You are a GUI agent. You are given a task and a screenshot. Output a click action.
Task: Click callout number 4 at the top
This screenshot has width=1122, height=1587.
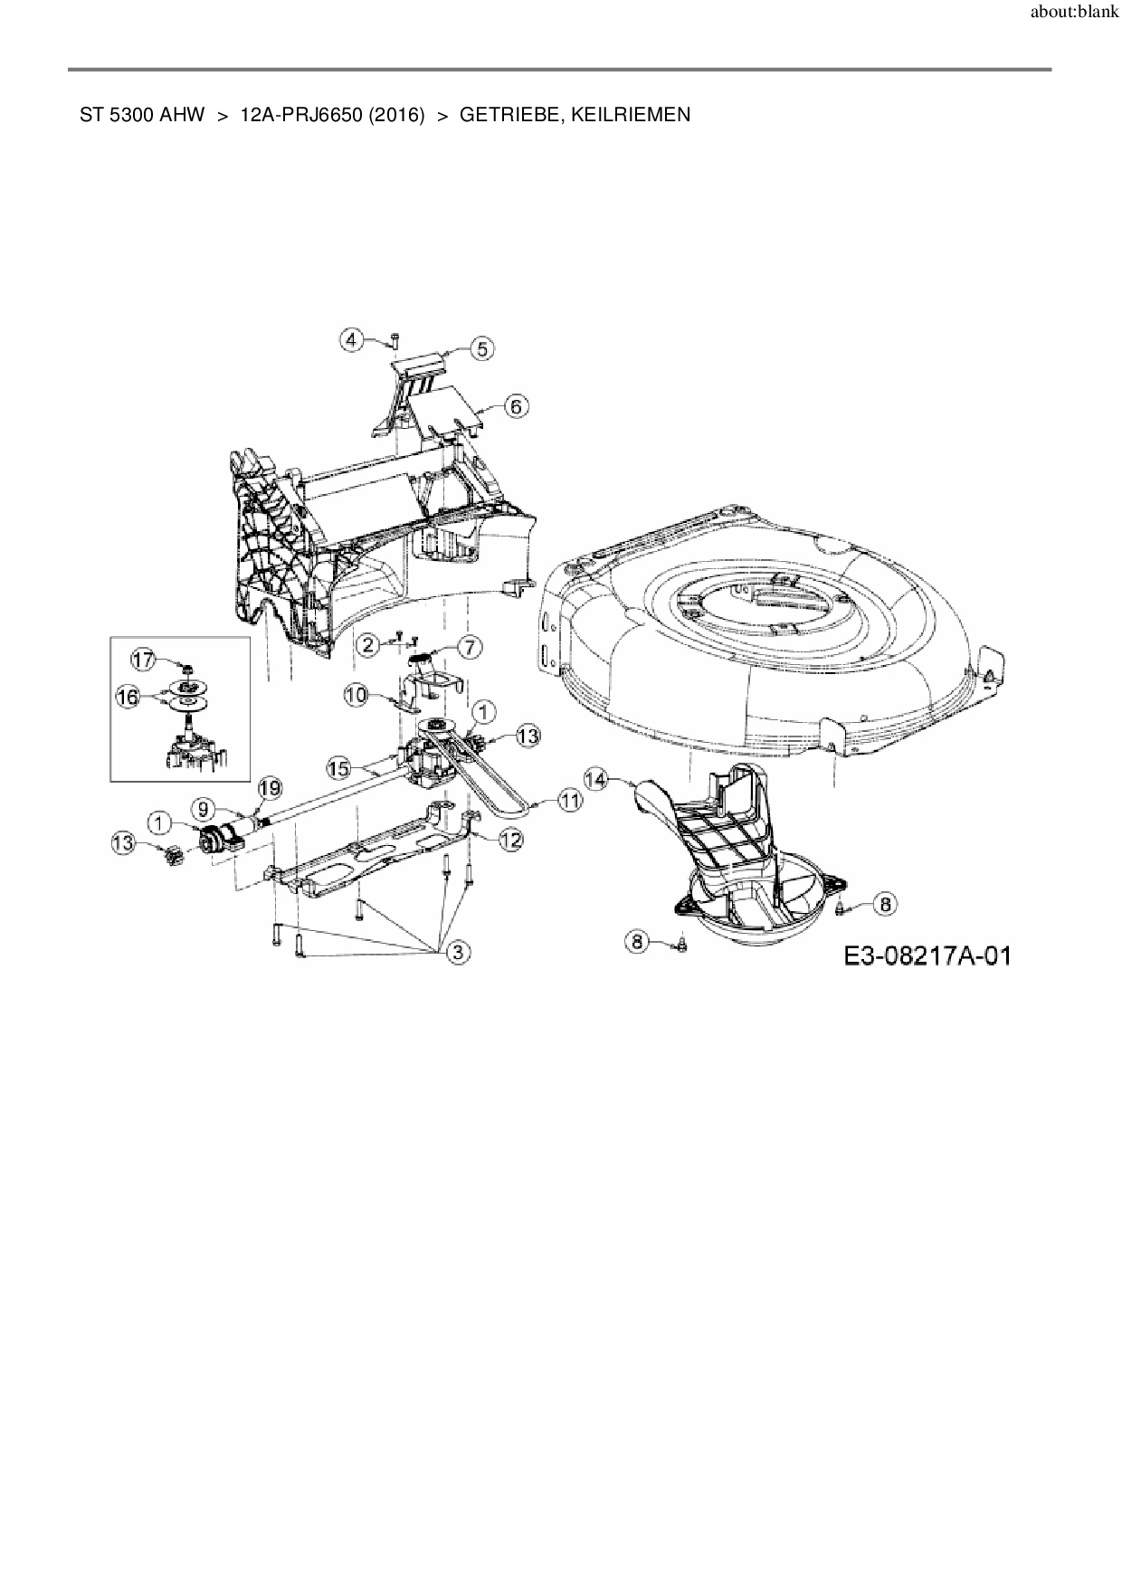352,339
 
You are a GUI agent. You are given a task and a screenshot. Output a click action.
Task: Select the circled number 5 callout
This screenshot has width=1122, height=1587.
481,348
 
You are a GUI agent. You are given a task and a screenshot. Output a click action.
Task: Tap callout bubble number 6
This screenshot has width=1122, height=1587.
515,406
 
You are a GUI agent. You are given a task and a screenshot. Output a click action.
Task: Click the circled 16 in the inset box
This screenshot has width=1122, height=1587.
128,698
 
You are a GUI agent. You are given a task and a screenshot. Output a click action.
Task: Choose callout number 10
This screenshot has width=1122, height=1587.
356,695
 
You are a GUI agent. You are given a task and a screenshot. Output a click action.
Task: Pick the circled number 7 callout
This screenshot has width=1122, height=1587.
471,647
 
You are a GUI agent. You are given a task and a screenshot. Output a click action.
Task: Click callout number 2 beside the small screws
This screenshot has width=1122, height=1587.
366,644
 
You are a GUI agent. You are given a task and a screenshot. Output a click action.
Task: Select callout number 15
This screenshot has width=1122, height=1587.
338,768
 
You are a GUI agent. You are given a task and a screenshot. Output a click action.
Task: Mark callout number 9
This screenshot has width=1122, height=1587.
203,805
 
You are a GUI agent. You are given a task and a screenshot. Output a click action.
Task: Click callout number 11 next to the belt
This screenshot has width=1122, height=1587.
569,800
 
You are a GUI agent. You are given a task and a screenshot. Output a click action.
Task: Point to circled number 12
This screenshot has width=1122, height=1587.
510,840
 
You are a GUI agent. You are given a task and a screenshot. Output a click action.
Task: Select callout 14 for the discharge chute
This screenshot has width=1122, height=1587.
595,777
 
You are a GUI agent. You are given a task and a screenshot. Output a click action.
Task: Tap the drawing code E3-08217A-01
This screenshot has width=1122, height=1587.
927,955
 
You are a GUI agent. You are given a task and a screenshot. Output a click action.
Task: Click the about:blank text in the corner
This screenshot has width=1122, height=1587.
1075,13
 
